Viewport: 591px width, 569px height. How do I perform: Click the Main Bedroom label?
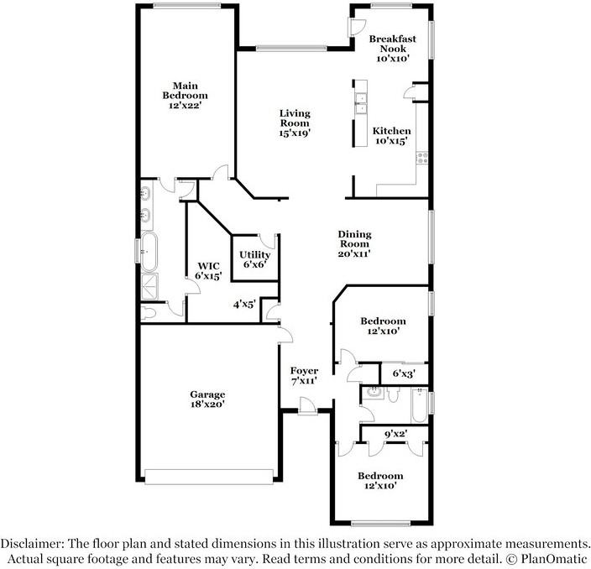[185, 91]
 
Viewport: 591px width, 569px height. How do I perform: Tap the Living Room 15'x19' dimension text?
[295, 133]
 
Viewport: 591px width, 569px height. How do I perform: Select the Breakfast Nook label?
[392, 44]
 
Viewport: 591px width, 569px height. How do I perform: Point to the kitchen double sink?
[361, 103]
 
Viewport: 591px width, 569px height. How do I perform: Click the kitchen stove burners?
[422, 158]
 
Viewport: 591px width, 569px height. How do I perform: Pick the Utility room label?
[255, 254]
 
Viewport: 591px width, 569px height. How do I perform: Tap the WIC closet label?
[208, 266]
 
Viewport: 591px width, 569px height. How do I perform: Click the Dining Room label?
[354, 239]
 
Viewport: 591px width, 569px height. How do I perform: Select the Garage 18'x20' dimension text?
[207, 405]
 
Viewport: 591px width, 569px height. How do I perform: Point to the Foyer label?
[304, 371]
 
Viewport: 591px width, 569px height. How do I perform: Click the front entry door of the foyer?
[307, 406]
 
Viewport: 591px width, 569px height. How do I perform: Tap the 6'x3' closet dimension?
[404, 373]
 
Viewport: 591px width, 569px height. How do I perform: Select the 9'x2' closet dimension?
[395, 434]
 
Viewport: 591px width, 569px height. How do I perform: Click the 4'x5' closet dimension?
[244, 304]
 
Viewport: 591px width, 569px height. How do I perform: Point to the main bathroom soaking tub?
[149, 252]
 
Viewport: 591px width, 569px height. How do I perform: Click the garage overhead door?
[209, 477]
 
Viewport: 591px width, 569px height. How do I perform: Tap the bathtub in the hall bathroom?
[419, 405]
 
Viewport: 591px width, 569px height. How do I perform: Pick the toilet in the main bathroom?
[149, 313]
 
